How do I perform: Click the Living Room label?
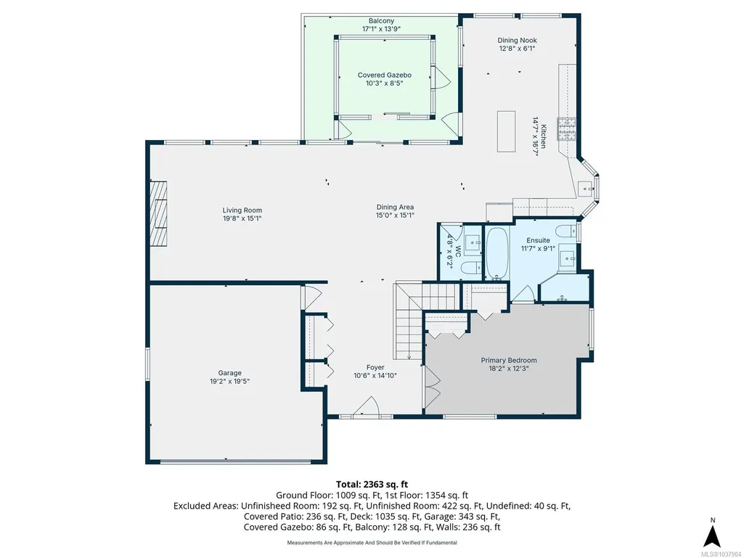click(242, 210)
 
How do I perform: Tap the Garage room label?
click(229, 373)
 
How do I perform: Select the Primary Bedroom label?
click(509, 360)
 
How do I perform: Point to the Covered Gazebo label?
click(384, 75)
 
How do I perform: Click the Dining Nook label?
click(518, 41)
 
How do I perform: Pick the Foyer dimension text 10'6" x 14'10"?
click(375, 375)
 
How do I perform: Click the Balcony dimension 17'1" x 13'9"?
click(382, 28)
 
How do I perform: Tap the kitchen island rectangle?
click(506, 131)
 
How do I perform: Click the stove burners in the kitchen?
click(566, 129)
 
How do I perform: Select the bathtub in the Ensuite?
click(496, 254)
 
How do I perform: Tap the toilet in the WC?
click(470, 268)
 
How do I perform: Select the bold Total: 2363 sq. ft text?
click(372, 485)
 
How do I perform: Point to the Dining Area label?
click(396, 207)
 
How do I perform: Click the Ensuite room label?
click(538, 240)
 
